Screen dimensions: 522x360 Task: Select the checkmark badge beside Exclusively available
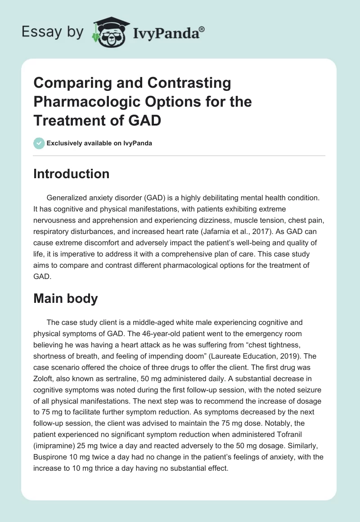(x=39, y=143)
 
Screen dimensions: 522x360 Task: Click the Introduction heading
(x=71, y=174)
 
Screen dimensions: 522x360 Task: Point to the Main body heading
(x=65, y=298)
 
